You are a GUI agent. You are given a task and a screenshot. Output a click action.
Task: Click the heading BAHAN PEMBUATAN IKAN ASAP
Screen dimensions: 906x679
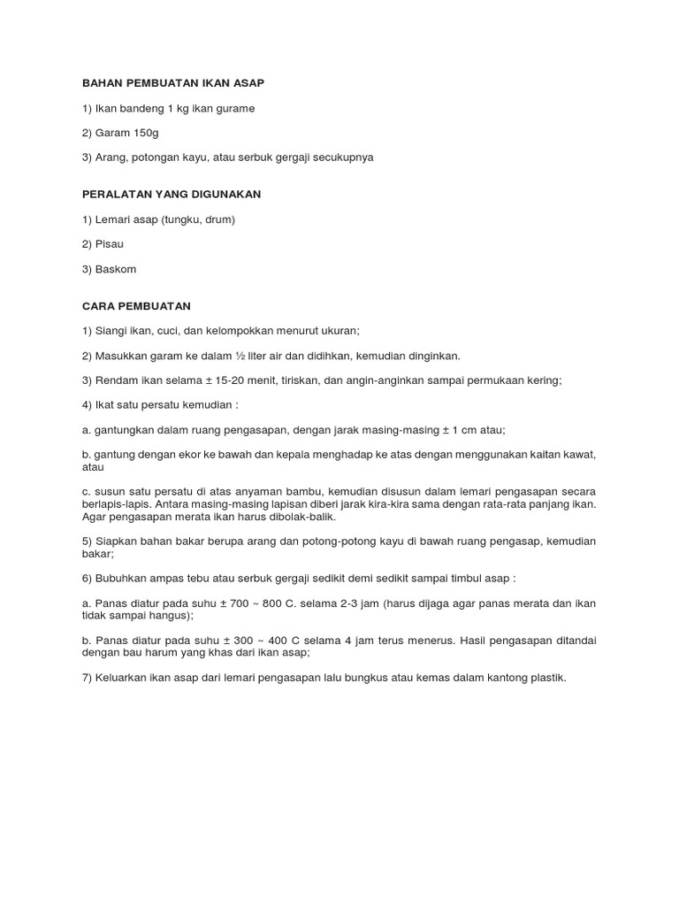click(x=173, y=82)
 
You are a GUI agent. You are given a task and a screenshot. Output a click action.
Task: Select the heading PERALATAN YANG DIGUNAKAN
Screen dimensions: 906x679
click(x=172, y=194)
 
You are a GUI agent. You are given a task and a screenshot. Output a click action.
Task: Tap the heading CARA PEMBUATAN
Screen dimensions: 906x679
click(x=136, y=305)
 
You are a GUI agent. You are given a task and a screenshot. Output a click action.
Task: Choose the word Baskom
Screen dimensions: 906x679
click(x=117, y=268)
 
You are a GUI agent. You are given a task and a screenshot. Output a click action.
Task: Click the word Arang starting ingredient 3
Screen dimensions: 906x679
click(x=111, y=157)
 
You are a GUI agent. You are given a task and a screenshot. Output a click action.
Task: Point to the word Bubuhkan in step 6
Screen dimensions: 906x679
click(x=123, y=578)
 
